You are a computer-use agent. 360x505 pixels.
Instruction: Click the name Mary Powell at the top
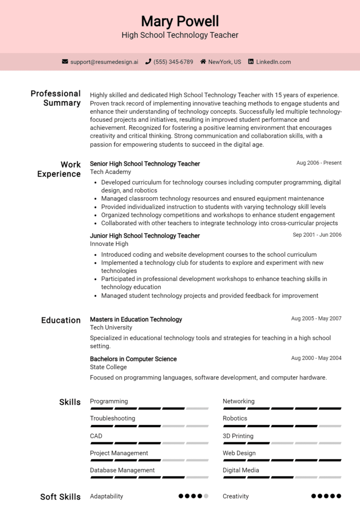tap(180, 21)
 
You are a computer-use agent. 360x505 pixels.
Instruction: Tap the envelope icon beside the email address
tap(65, 62)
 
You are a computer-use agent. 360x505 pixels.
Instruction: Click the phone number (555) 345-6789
tap(173, 62)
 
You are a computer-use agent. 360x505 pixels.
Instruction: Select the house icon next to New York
tap(203, 62)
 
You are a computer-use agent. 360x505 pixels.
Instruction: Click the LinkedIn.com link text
tap(273, 62)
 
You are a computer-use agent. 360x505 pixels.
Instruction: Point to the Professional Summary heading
tap(56, 98)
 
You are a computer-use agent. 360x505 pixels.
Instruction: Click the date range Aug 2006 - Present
tap(319, 163)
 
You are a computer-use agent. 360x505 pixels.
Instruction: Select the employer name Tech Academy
tap(110, 172)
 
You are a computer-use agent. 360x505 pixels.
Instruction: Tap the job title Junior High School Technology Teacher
tap(145, 236)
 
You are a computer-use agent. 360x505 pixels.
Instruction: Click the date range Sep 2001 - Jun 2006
tap(317, 235)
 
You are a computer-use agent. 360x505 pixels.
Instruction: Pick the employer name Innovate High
tap(109, 244)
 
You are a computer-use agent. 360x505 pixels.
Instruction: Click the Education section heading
tap(61, 320)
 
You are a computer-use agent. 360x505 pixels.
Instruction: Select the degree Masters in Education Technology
tap(136, 319)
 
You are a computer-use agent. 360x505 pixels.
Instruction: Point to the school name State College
tap(108, 367)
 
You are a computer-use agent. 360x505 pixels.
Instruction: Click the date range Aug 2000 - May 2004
tap(316, 358)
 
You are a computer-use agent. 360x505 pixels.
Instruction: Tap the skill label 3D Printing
tap(238, 436)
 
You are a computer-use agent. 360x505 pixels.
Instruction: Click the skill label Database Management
tap(122, 470)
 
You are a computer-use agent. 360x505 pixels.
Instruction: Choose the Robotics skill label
tap(235, 418)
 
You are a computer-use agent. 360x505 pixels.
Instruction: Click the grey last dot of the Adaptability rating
tap(206, 496)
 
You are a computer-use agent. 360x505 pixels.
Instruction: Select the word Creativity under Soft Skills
tap(236, 496)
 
